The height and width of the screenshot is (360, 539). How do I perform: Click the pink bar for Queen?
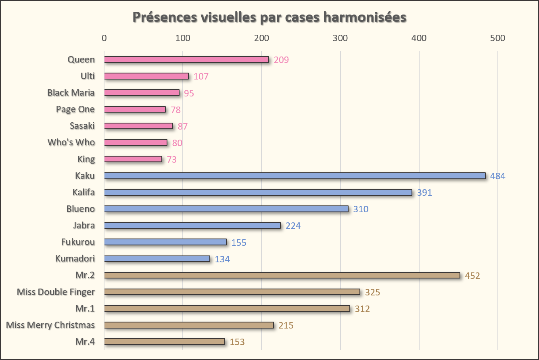coord(186,60)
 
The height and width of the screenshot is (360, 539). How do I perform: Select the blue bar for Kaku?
coord(295,176)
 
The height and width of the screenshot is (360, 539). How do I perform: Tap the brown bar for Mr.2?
coord(282,275)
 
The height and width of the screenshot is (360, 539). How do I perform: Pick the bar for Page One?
coord(135,109)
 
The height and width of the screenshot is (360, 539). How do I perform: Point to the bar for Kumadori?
coord(157,259)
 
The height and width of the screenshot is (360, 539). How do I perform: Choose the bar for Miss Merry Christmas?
coord(189,325)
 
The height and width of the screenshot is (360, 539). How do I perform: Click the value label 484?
coord(497,176)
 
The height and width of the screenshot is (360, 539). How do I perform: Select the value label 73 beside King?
coord(171,159)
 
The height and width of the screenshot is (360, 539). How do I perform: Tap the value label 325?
coord(372,292)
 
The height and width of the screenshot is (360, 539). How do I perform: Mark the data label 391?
coord(424,193)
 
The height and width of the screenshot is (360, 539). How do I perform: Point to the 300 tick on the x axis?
coord(341,38)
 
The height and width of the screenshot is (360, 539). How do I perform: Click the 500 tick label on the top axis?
coord(497,38)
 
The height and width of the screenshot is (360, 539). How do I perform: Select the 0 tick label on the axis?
coord(104,38)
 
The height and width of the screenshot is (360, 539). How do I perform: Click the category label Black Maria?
coord(71,93)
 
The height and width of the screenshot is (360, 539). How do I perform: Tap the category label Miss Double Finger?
coord(56,292)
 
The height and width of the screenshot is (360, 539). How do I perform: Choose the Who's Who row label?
coord(71,142)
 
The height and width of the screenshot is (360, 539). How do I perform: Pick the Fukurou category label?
coord(78,242)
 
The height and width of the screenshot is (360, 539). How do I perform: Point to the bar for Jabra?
coord(192,226)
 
